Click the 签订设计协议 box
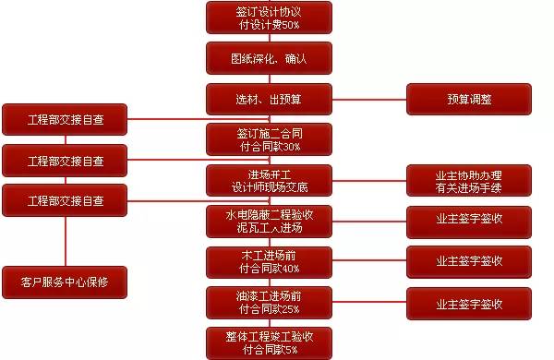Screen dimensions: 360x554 (268, 17)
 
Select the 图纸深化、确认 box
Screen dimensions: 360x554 (268, 57)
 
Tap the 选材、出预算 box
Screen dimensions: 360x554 (268, 98)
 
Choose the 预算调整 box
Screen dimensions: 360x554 (469, 98)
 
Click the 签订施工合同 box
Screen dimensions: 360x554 (268, 139)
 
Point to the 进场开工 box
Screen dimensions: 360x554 (268, 180)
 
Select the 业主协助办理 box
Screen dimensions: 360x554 (469, 180)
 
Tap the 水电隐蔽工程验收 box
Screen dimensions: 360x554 (268, 221)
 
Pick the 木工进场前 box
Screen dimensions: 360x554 (268, 261)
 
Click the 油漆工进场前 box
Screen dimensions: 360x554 (268, 302)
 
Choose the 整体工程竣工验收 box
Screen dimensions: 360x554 (268, 342)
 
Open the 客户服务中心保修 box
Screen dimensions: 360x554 (64, 282)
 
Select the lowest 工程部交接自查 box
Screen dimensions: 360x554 (64, 200)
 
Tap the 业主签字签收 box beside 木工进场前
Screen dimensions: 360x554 (469, 261)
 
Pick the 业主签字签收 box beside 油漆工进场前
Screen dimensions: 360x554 (469, 302)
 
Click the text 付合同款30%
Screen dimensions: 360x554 (268, 147)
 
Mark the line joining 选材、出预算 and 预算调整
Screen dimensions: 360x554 (369, 98)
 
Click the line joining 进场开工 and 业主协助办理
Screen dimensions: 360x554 (369, 180)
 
